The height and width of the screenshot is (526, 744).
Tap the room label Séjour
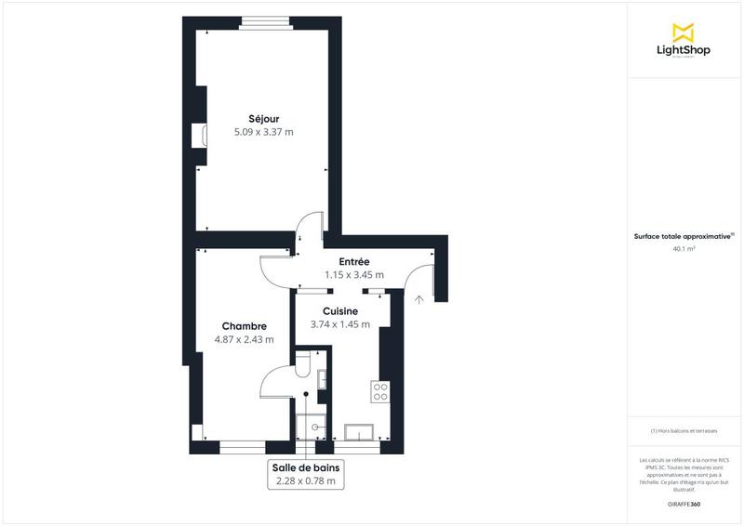263,118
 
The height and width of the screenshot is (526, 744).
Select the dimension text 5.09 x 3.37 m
263,132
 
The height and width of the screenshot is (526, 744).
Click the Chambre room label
245,326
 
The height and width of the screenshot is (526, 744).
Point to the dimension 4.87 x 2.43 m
245,339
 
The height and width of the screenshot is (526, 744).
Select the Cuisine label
341,311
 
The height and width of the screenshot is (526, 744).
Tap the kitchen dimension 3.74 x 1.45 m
341,324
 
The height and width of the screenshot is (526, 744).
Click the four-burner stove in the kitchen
380,392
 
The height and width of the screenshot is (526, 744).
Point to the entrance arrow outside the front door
419,299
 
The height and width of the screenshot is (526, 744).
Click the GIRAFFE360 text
684,502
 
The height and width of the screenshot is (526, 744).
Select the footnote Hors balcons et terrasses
684,431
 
